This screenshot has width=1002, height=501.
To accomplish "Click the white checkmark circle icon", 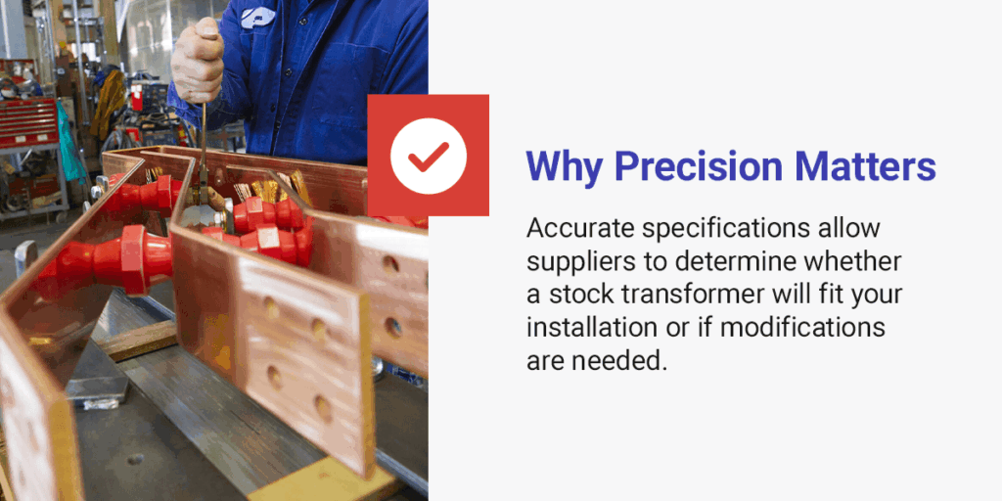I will pyautogui.click(x=428, y=155).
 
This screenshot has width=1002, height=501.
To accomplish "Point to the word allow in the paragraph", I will pyautogui.click(x=853, y=229).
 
